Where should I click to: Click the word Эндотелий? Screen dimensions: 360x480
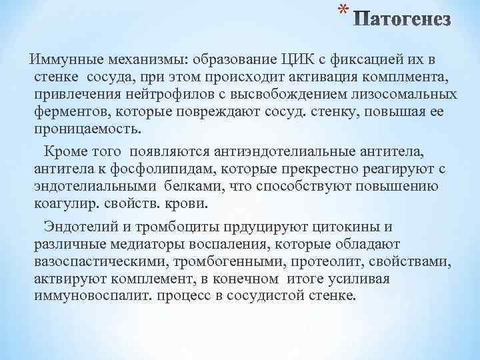pos(76,228)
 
